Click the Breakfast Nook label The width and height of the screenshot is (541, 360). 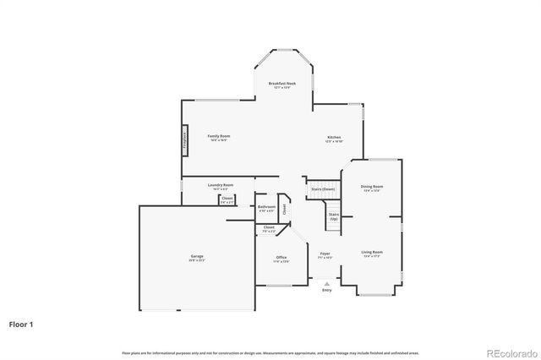(282, 84)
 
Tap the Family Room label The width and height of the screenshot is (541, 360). (219, 136)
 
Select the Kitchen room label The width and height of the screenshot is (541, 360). (334, 138)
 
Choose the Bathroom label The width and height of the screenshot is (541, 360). (267, 206)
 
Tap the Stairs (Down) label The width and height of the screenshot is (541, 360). (323, 189)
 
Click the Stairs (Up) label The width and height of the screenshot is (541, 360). (334, 217)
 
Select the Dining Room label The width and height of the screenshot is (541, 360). (372, 186)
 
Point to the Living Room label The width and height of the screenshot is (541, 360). (372, 252)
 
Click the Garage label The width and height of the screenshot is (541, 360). (196, 256)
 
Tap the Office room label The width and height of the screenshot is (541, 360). (281, 257)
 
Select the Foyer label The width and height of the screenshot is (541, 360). (325, 254)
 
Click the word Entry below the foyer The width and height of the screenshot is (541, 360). (326, 291)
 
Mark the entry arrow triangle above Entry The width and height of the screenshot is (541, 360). (326, 284)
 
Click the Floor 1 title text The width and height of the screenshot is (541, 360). (22, 323)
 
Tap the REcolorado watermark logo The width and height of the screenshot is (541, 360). (509, 352)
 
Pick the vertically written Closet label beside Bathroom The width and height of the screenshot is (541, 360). (285, 208)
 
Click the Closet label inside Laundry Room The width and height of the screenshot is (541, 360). (227, 199)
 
